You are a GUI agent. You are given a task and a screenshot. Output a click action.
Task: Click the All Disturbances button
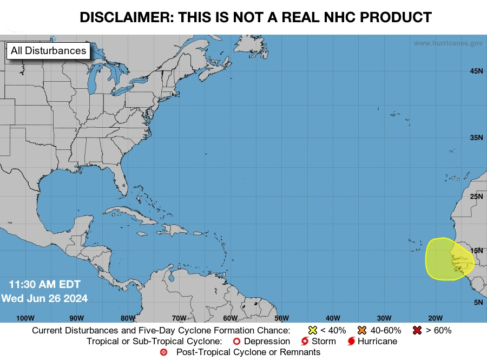[x=49, y=51]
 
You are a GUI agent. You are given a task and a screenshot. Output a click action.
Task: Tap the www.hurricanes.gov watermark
[x=448, y=43]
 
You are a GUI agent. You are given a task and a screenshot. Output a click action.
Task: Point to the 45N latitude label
[x=476, y=71]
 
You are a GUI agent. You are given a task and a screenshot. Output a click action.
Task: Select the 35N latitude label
[x=476, y=138]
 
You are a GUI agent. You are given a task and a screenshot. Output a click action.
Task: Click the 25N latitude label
[x=476, y=196]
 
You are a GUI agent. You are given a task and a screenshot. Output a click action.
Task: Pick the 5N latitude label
[x=478, y=302]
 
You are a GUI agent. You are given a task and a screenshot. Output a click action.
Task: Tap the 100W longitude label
[x=25, y=318]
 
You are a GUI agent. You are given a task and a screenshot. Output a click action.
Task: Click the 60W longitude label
[x=230, y=318]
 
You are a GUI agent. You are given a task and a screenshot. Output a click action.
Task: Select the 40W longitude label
[x=333, y=318]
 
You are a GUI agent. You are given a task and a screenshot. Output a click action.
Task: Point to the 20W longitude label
[x=435, y=318]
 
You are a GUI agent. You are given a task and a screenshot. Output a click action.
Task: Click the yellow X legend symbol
[x=312, y=330]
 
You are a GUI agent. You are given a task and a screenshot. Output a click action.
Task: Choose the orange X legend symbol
[x=361, y=330]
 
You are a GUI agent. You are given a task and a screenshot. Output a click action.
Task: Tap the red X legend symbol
[x=417, y=330]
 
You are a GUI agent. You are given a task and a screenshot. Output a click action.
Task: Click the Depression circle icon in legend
[x=236, y=342]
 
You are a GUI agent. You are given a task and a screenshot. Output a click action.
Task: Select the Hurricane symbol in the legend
[x=352, y=342]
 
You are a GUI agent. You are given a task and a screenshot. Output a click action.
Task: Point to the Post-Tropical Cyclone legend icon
[x=164, y=352]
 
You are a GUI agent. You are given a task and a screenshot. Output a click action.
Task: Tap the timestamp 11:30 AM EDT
[x=44, y=285]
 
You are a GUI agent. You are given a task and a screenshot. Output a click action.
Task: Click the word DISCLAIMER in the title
[x=124, y=17]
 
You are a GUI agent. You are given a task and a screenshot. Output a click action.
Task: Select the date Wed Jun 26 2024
[x=44, y=298]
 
